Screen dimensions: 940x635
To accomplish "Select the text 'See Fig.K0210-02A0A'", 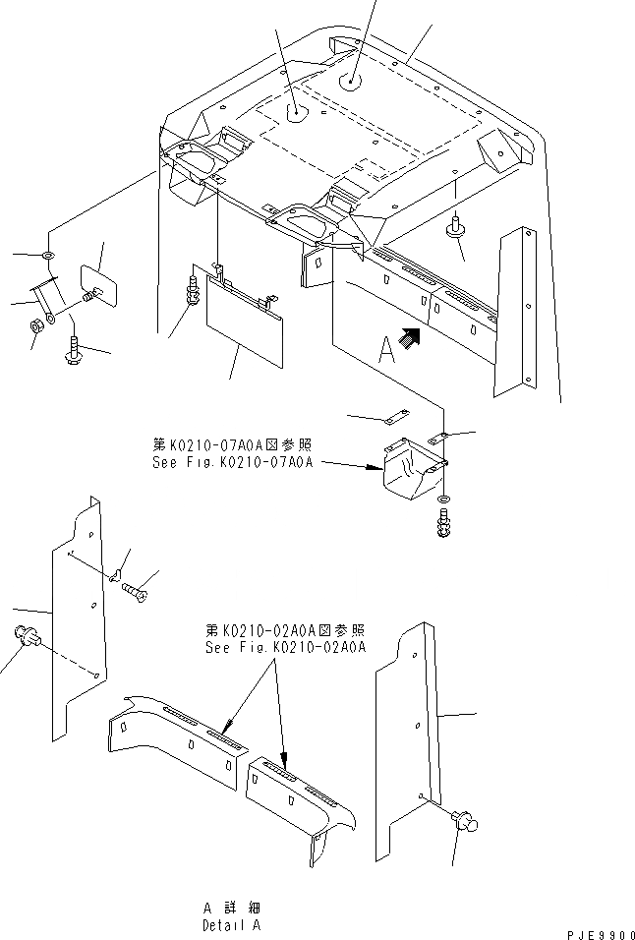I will pos(285,647).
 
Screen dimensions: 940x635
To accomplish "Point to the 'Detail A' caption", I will pos(231,925).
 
